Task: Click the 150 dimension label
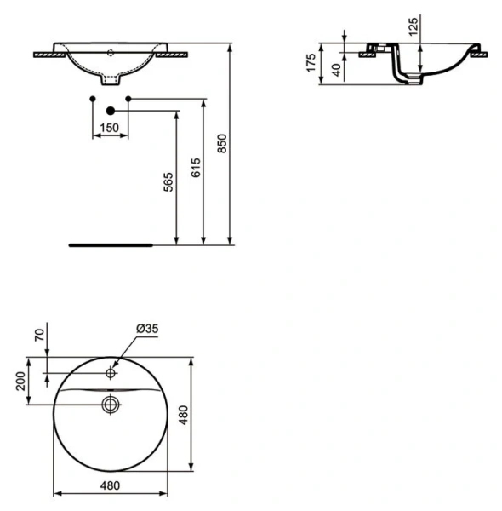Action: pyautogui.click(x=109, y=128)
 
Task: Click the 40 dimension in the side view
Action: pyautogui.click(x=337, y=70)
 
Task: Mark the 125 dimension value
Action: pyautogui.click(x=414, y=31)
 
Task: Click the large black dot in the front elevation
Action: pyautogui.click(x=110, y=109)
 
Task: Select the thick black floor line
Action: pyautogui.click(x=111, y=244)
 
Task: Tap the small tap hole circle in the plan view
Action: pyautogui.click(x=111, y=373)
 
